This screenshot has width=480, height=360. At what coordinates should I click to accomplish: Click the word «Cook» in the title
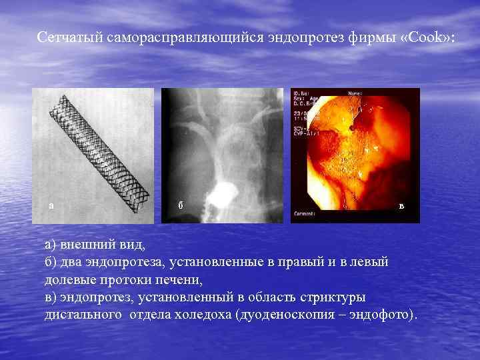click(x=425, y=37)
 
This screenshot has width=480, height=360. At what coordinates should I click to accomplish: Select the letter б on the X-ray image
click(x=180, y=205)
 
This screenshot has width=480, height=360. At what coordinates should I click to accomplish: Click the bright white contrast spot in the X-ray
click(x=219, y=195)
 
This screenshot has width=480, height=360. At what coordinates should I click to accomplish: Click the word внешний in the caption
click(x=85, y=245)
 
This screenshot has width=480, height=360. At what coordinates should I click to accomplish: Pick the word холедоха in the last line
click(x=201, y=314)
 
